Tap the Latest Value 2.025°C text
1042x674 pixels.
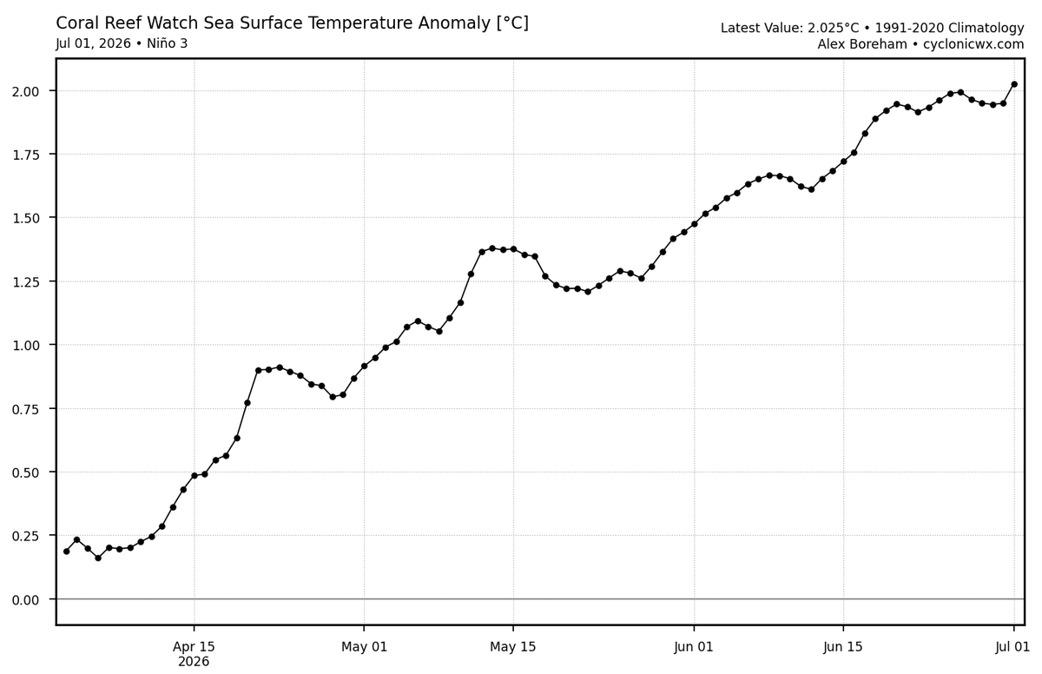click(790, 29)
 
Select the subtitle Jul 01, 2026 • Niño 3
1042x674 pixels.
click(122, 43)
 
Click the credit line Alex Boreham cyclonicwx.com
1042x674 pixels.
click(921, 44)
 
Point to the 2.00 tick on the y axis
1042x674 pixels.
click(25, 91)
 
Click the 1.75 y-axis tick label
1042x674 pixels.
click(25, 155)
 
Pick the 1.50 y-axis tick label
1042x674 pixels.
click(25, 218)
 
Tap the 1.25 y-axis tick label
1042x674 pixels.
click(25, 282)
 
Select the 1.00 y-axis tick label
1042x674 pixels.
click(25, 346)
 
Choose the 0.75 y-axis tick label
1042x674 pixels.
click(25, 409)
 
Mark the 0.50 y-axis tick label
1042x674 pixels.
click(25, 472)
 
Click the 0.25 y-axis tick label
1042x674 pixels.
click(25, 536)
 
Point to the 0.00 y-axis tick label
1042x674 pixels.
click(25, 600)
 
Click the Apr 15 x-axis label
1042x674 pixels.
click(194, 647)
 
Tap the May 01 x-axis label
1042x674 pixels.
click(364, 647)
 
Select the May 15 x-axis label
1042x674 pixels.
click(513, 647)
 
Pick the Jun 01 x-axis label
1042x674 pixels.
click(694, 647)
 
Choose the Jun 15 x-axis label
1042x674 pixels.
click(843, 647)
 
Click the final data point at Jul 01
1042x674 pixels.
click(1014, 84)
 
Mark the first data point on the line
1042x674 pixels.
click(67, 552)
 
